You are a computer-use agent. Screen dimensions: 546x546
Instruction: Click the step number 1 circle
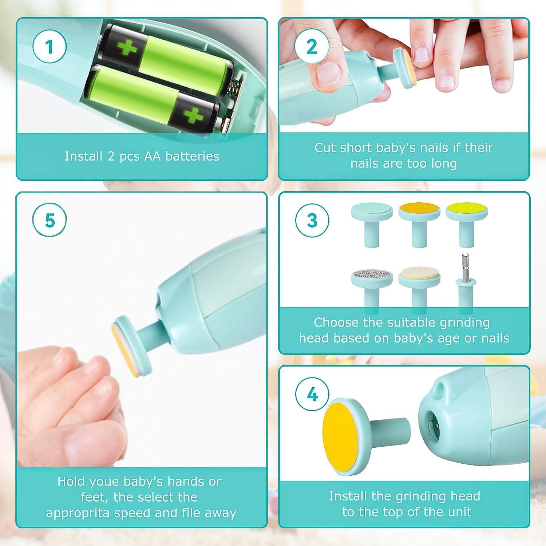click(50, 47)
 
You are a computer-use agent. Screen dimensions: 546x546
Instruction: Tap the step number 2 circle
click(312, 47)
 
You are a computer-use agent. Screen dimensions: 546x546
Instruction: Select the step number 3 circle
click(312, 221)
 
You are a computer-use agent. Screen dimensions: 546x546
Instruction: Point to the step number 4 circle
click(312, 395)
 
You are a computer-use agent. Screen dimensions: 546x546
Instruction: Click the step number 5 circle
click(50, 221)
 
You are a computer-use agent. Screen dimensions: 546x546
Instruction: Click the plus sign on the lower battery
click(193, 116)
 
